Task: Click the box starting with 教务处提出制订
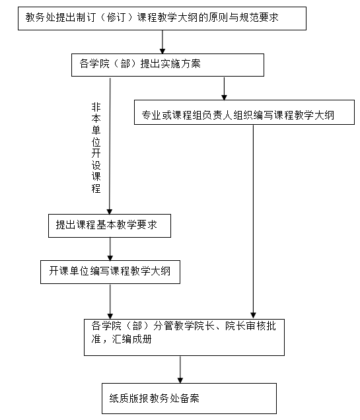[162, 18]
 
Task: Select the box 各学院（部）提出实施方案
[168, 65]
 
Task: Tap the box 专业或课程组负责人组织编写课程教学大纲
[244, 112]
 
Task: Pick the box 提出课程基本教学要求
[110, 226]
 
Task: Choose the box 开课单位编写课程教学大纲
[110, 272]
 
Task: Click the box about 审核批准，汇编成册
[184, 337]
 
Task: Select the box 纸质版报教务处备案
[189, 398]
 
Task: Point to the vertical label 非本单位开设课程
[96, 148]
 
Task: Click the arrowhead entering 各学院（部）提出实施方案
[162, 51]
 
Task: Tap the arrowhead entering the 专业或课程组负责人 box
[224, 98]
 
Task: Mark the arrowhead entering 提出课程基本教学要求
[110, 211]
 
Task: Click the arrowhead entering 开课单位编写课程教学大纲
[110, 258]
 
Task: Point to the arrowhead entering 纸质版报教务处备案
[180, 380]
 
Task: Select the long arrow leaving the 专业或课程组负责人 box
[253, 222]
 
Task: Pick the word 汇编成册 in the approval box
[132, 339]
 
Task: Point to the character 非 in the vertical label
[96, 107]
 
